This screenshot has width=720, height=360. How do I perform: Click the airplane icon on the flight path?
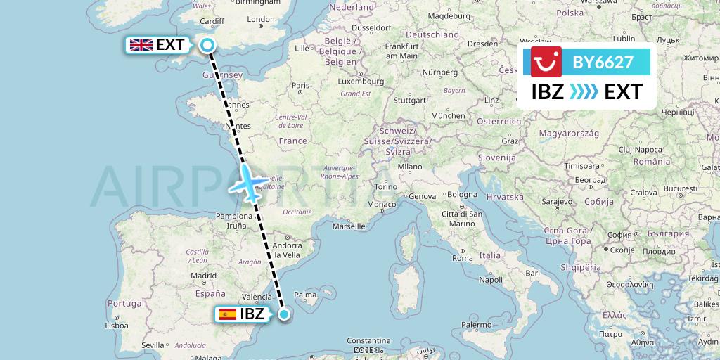pos(247,184)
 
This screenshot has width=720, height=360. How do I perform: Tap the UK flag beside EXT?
pos(141,45)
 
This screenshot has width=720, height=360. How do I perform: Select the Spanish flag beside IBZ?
pos(228,314)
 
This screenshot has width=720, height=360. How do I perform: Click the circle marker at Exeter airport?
pos(207,46)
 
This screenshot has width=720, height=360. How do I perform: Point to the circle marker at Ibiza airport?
pos(284,314)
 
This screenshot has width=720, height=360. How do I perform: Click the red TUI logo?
pos(546,63)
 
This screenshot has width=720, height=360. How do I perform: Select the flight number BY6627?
pos(603,63)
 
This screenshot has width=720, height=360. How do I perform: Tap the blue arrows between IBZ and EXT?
pos(584,92)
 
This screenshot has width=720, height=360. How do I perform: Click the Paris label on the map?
pos(300,86)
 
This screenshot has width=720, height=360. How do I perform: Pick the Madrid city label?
pos(203,276)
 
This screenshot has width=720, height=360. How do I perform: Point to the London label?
pos(261,20)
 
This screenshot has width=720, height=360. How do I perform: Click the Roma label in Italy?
pos(462,258)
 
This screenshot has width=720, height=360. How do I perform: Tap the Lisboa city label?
pos(116,326)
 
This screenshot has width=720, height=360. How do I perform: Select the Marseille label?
pos(349,226)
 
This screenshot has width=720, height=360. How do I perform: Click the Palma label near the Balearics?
pos(304,295)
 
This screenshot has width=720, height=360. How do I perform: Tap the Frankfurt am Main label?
pos(401,51)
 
